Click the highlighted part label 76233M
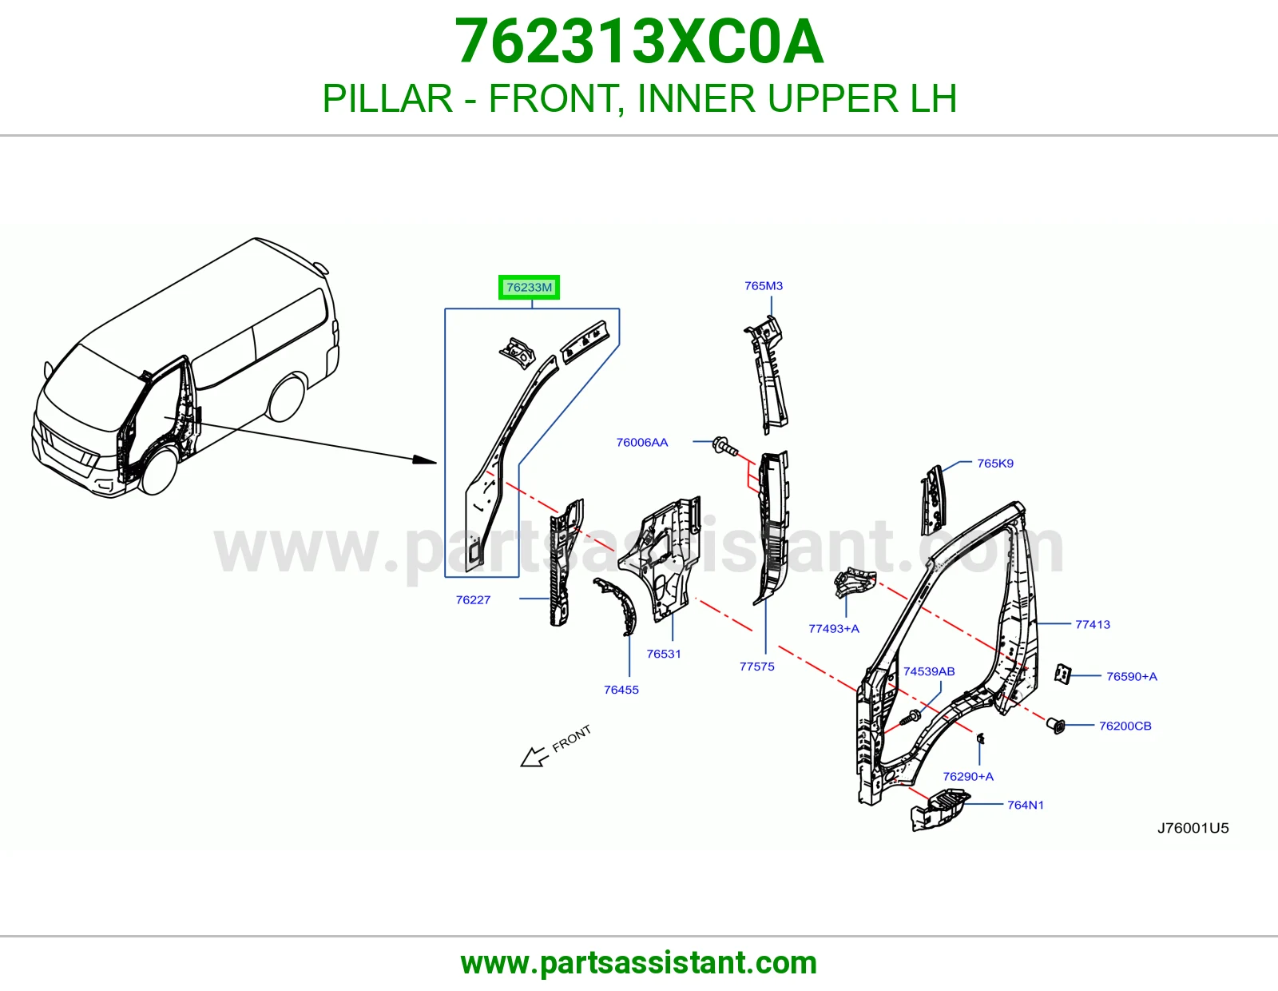(x=529, y=287)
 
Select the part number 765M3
(x=764, y=286)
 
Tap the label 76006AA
(x=641, y=443)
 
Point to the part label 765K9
(x=995, y=464)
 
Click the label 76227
(x=473, y=600)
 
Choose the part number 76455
(x=621, y=690)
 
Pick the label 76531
(x=664, y=654)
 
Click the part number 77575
(x=757, y=667)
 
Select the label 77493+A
(x=834, y=628)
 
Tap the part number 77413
(x=1093, y=624)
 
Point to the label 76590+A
(x=1132, y=676)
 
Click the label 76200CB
(x=1125, y=726)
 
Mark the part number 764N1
(x=1025, y=805)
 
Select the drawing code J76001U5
(x=1193, y=829)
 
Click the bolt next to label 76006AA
(x=724, y=445)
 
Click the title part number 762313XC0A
(x=639, y=42)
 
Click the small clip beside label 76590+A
(x=1062, y=675)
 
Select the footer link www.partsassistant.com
(x=639, y=963)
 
